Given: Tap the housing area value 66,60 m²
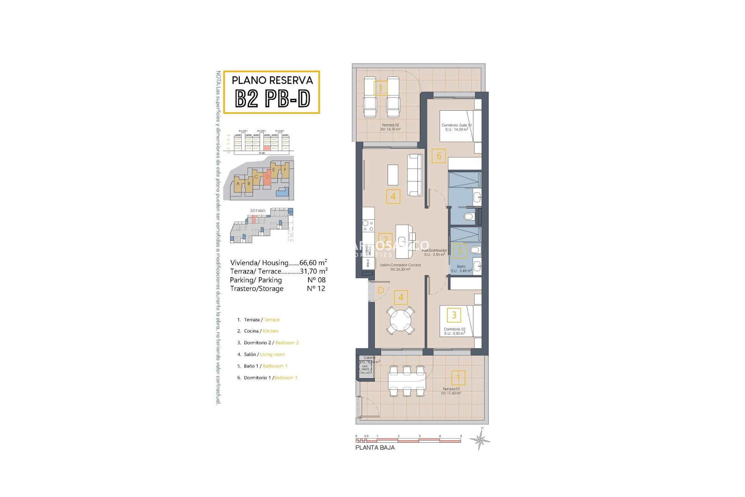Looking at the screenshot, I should [x=313, y=263].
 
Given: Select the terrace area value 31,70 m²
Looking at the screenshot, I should [x=314, y=271].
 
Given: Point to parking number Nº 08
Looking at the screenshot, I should [x=316, y=280].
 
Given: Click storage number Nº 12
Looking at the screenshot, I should [x=316, y=288].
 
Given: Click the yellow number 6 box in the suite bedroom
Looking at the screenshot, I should [x=439, y=156].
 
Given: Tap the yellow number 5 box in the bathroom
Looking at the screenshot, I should [x=460, y=251].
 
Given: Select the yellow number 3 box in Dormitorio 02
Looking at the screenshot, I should [x=454, y=315].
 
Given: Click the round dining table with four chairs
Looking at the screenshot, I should [x=400, y=320].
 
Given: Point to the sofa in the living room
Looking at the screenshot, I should [x=415, y=175].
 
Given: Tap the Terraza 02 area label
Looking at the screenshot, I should [x=390, y=127].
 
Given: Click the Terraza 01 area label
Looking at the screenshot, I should [x=451, y=391].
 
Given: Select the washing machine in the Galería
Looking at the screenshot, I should [x=365, y=367].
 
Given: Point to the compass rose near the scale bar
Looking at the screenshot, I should [x=480, y=440].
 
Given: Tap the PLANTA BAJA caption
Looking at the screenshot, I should [x=375, y=448].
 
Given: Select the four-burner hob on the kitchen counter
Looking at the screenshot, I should [x=368, y=226].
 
